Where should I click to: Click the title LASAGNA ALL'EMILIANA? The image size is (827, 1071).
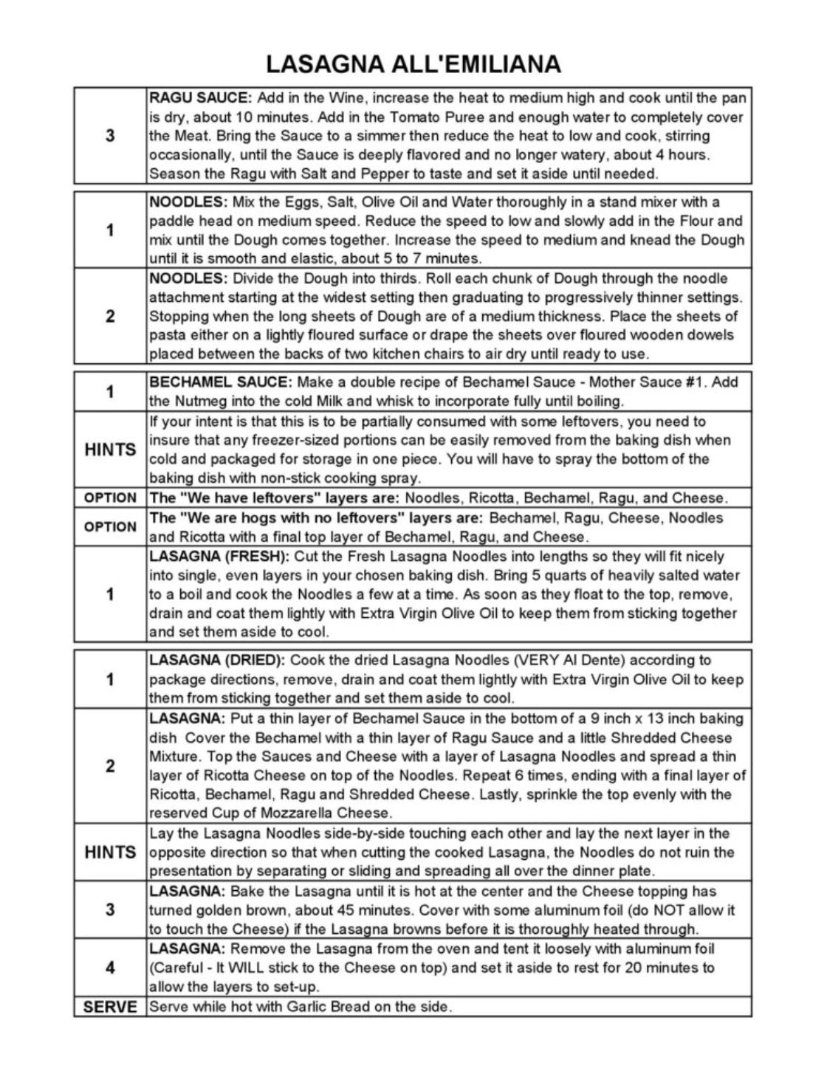pos(413,64)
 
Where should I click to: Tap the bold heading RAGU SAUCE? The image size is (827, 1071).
pos(201,98)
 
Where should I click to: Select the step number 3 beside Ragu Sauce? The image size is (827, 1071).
pos(110,136)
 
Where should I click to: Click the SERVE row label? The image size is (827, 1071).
pos(110,1007)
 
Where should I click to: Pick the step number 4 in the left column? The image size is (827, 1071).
pos(110,967)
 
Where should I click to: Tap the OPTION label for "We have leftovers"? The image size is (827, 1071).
pos(110,498)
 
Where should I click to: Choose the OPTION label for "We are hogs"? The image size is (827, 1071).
pos(110,527)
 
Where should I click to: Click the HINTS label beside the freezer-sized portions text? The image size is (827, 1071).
pos(110,450)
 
